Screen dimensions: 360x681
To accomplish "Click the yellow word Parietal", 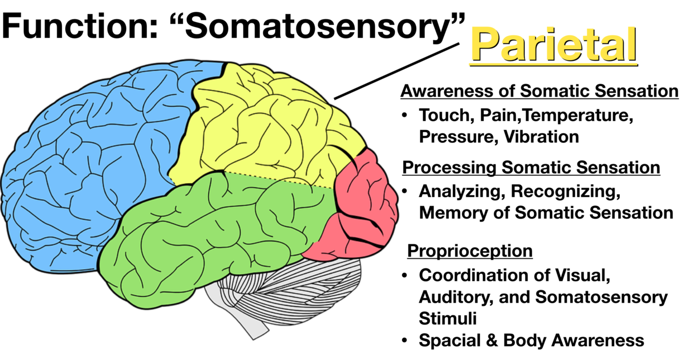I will coord(554,45).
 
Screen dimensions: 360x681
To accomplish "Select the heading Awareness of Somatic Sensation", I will coord(540,91).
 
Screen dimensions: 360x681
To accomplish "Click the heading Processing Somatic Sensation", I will coord(531,167).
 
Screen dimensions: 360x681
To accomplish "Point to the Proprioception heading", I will coord(470,251).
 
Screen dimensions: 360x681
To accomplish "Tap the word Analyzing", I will coord(460,191).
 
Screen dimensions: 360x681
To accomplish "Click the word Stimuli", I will coord(448,318).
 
